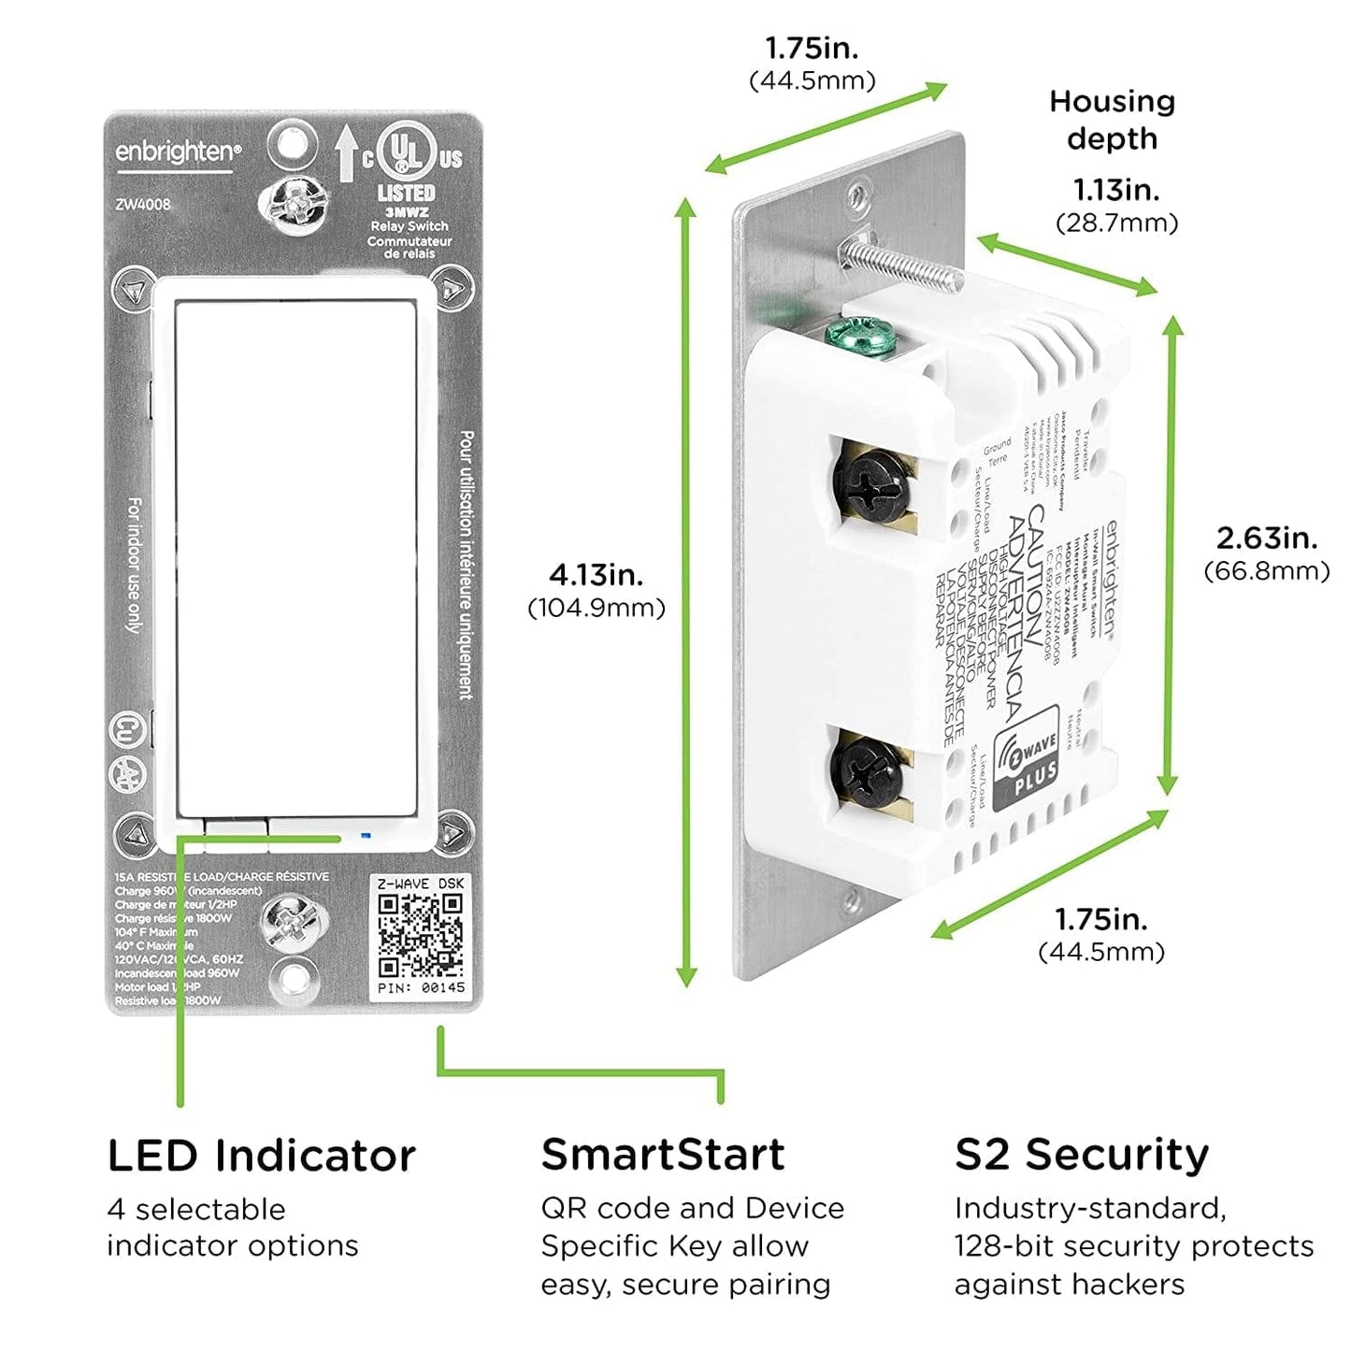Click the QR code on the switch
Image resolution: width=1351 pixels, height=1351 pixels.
(420, 935)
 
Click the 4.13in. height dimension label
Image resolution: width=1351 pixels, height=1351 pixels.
(596, 574)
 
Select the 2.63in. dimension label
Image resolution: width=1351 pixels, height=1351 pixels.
(1266, 539)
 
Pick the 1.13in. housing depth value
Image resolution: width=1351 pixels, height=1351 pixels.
(1115, 190)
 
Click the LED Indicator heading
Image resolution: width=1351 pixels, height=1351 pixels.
(261, 1156)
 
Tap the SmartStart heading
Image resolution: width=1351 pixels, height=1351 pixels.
(662, 1155)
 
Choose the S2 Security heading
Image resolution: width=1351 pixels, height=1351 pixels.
(1081, 1155)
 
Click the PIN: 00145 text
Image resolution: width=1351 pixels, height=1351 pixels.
(420, 987)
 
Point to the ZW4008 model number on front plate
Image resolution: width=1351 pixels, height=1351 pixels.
(143, 204)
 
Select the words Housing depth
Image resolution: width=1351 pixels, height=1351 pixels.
(1112, 120)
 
